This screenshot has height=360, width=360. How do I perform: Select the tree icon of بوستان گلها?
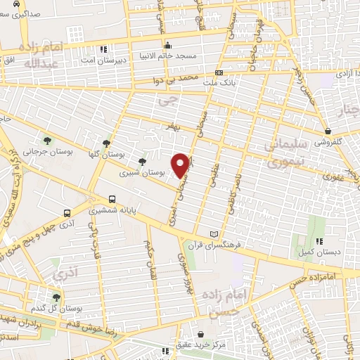pos(107,141)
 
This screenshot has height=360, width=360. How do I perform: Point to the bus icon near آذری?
pos(67,213)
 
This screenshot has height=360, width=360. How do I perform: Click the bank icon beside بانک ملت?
pos(219,72)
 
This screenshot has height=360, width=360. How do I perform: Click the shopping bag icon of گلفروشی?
pos(328,131)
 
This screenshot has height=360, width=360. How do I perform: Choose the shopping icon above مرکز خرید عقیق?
pos(202,334)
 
